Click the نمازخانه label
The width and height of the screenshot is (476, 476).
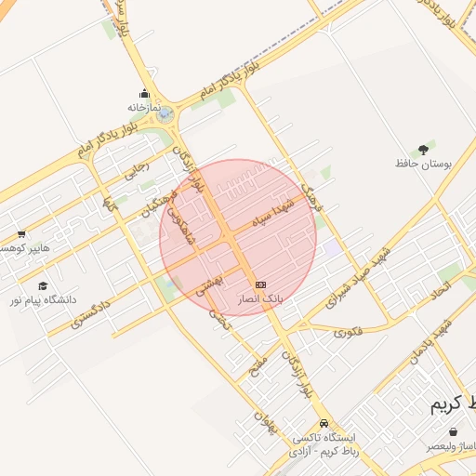145,108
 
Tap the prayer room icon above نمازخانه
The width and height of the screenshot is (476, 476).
144,93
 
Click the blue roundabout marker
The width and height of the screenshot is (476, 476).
165,115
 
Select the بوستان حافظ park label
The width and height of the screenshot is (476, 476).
423,164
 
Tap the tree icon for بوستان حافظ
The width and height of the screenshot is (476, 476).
423,148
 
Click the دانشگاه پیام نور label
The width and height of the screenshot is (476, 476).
43,300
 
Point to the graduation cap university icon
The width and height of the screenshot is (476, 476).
42,285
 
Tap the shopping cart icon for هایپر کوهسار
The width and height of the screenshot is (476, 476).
20,233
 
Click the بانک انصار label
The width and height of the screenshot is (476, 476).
260,299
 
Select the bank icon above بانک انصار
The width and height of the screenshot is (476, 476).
260,284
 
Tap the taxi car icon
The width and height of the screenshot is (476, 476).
323,423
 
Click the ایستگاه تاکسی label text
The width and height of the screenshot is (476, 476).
329,437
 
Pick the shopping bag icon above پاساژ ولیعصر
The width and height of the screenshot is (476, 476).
453,432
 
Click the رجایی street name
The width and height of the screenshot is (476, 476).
137,169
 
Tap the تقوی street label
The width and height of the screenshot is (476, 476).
347,331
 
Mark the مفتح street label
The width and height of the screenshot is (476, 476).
258,364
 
